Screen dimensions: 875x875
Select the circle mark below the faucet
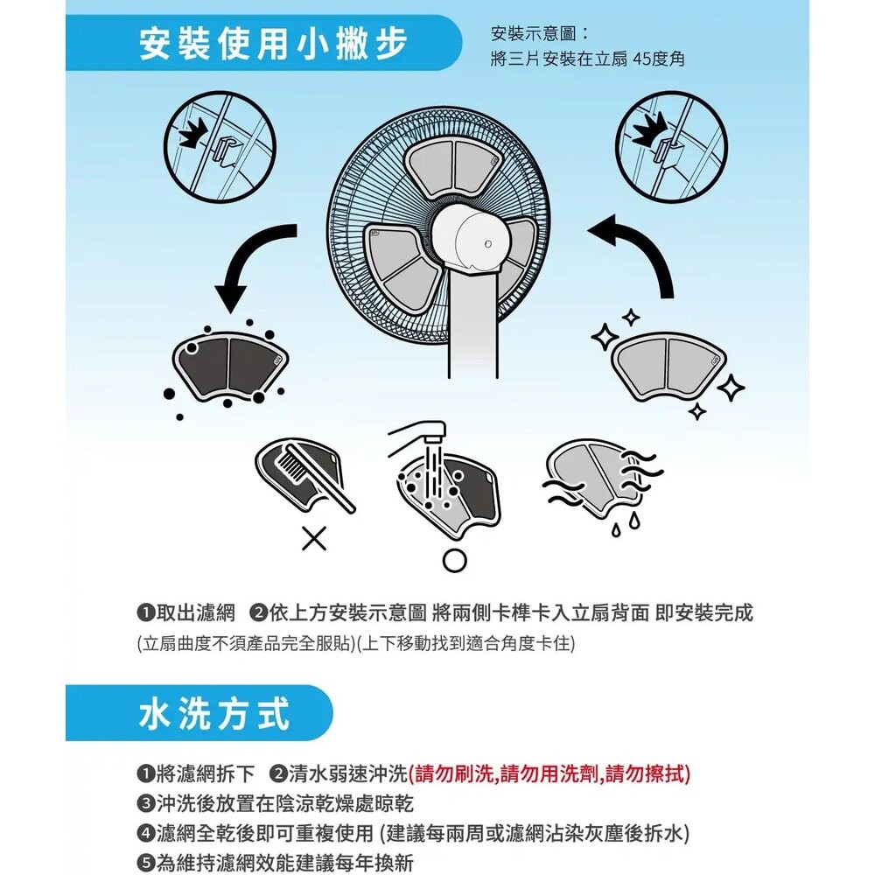click(x=453, y=560)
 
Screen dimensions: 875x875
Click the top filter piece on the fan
click(x=454, y=166)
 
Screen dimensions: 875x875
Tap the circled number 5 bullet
click(x=146, y=859)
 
